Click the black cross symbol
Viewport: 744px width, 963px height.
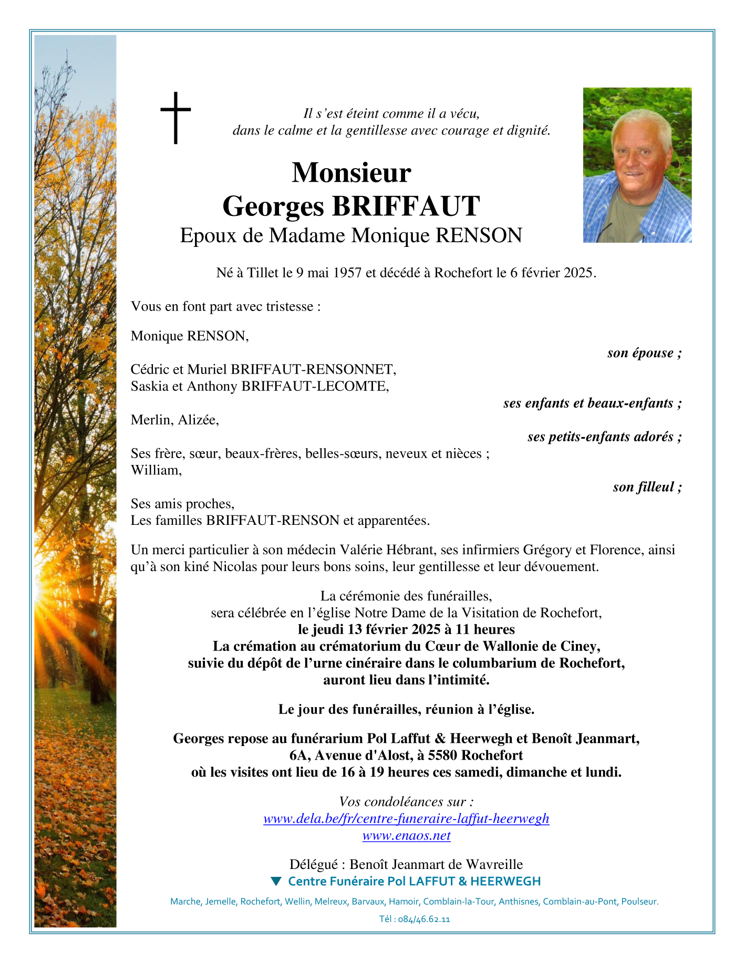175,118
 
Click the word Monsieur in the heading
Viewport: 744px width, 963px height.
351,172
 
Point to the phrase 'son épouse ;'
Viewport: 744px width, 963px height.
644,353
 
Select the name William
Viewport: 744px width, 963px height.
156,470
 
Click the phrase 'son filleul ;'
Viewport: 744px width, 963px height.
647,487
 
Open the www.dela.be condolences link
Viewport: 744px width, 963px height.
406,819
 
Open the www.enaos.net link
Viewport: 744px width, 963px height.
406,835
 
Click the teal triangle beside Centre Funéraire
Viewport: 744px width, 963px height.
276,881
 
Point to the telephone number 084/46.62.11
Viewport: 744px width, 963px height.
423,919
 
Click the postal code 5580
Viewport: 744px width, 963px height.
442,755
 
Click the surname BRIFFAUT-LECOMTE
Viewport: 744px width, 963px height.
315,386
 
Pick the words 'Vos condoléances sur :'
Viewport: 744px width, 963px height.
406,802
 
